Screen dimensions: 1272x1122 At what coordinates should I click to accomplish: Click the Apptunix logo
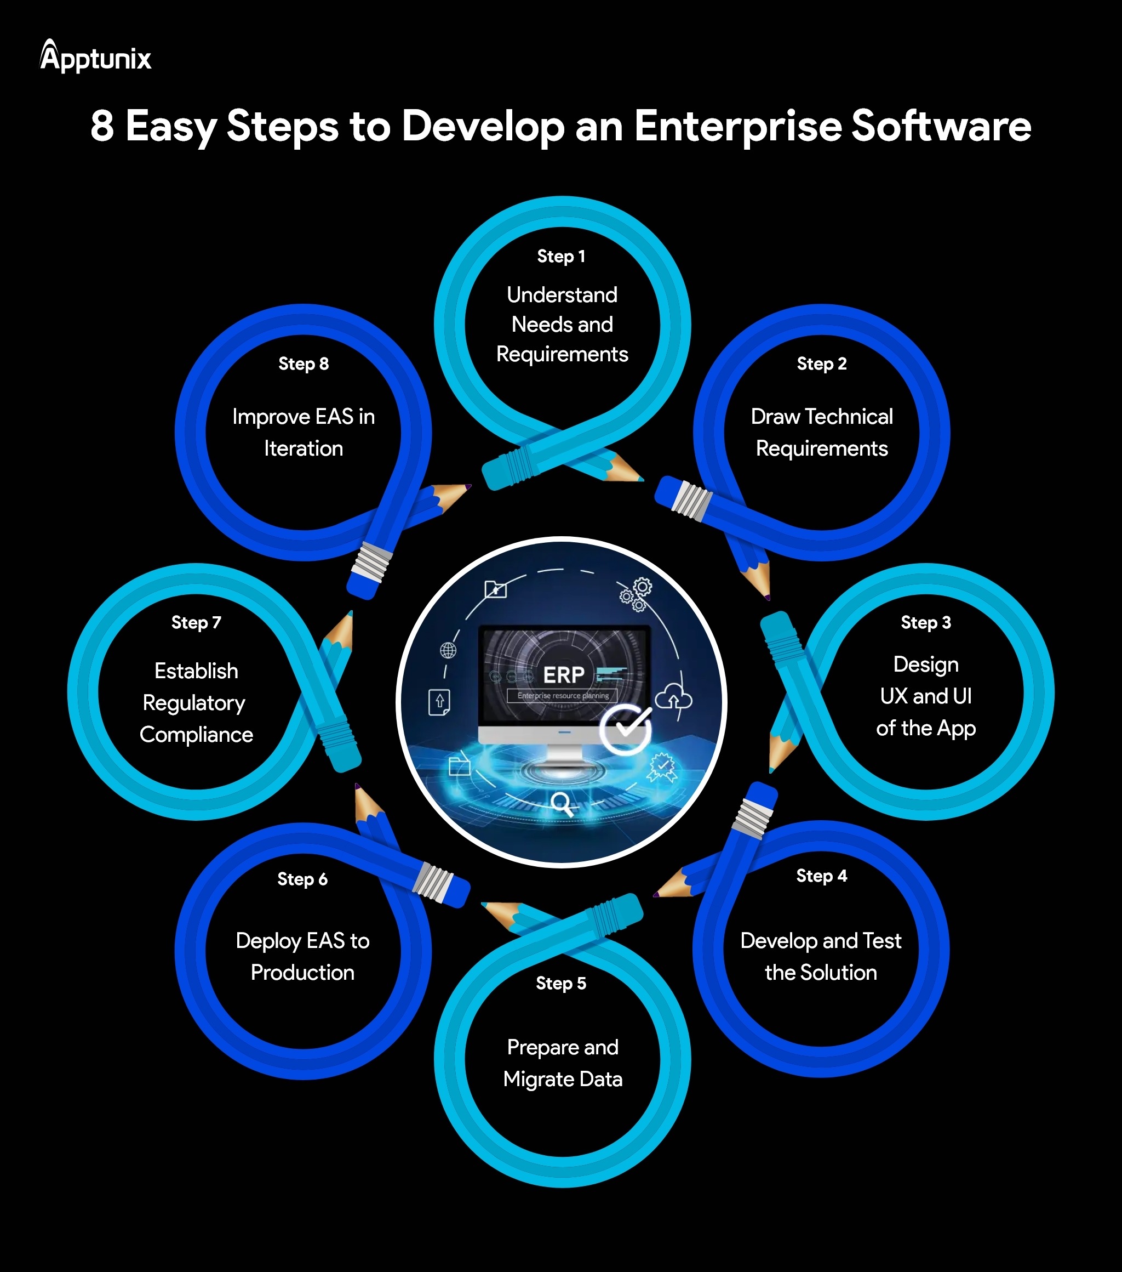95,57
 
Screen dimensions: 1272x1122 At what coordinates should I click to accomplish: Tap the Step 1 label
561,257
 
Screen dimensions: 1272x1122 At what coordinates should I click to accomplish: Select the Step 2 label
822,364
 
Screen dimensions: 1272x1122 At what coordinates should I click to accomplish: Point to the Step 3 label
925,622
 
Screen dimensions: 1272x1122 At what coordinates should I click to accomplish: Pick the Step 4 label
822,876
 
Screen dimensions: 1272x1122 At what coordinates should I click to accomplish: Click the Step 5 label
561,983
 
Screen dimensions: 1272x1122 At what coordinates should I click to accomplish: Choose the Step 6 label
302,879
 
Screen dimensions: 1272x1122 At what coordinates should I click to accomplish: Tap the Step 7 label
196,622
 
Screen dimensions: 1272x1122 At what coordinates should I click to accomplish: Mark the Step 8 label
304,364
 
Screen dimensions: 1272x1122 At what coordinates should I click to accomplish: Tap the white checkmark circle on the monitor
626,729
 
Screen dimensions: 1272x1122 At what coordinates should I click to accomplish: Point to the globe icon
448,650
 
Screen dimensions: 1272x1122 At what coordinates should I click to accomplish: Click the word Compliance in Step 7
196,735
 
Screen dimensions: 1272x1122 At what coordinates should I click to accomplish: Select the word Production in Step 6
302,973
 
